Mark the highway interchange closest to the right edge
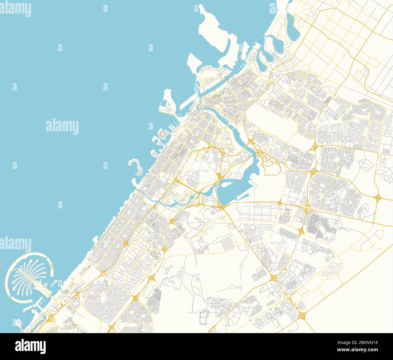378,198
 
